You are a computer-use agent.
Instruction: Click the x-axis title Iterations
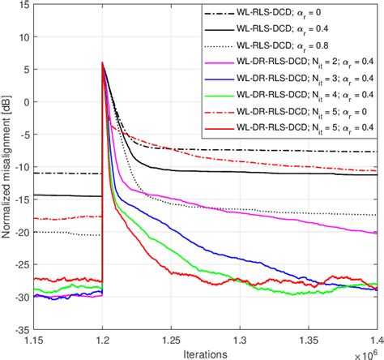205,353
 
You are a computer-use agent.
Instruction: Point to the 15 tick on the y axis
22,6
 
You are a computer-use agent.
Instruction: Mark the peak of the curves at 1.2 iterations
102,63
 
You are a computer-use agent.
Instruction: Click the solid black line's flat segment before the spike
65,195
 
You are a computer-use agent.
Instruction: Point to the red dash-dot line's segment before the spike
65,218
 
